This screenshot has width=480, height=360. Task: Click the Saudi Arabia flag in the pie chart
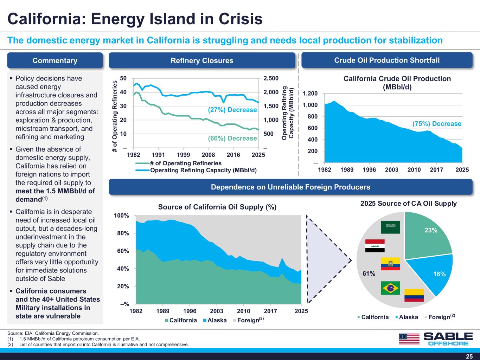[x=390, y=227]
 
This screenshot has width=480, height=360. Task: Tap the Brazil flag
[x=390, y=288]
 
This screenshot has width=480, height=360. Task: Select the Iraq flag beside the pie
[x=375, y=246]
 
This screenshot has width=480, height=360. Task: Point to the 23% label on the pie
[x=431, y=230]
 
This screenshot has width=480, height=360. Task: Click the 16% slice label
[x=439, y=274]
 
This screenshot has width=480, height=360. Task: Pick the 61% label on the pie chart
[x=369, y=274]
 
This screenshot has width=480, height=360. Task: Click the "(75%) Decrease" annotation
[x=437, y=124]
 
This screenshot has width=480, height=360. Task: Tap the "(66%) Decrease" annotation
[x=232, y=138]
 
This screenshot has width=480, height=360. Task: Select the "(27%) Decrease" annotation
[x=232, y=109]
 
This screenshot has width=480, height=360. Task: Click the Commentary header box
[x=55, y=60]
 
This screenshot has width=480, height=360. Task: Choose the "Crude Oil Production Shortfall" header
[x=387, y=60]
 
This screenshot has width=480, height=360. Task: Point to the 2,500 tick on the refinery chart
[x=271, y=78]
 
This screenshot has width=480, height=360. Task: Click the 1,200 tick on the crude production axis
[x=310, y=93]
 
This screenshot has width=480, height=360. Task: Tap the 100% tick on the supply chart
[x=121, y=216]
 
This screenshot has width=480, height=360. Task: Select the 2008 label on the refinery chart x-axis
[x=208, y=155]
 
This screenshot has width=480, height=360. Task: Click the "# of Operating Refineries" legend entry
[x=178, y=163]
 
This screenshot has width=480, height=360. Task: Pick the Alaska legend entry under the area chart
[x=215, y=320]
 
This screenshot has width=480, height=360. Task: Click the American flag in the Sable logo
[x=409, y=339]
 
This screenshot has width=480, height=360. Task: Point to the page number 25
[x=469, y=356]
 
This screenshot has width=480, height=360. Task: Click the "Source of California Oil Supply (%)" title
[x=217, y=207]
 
